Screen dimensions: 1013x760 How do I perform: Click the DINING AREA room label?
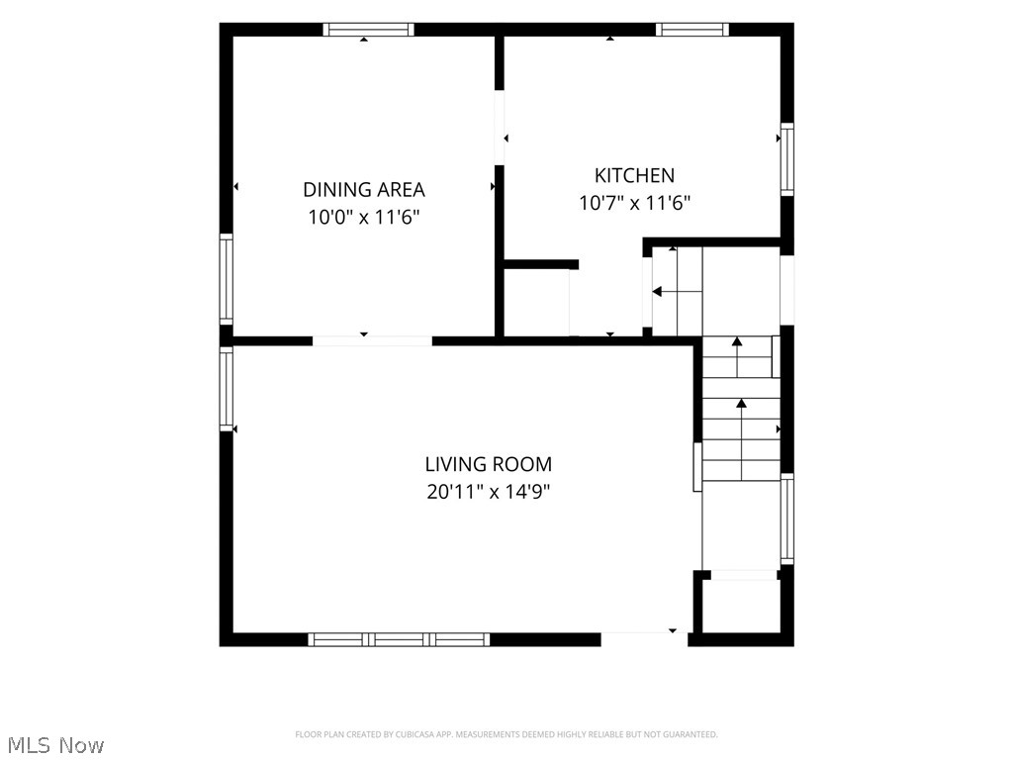[364, 189]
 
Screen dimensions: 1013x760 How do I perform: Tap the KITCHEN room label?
[634, 175]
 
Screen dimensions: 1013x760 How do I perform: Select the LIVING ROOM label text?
[489, 464]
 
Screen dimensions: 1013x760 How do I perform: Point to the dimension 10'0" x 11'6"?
[364, 217]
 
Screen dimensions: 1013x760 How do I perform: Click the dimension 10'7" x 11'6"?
[634, 203]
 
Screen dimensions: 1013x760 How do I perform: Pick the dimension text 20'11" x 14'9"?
[489, 492]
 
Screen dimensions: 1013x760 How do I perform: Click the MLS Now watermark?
[55, 745]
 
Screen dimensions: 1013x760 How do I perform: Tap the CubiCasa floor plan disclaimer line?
[506, 734]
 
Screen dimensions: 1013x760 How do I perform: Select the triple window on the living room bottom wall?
[399, 640]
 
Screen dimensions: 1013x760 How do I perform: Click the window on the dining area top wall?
[368, 29]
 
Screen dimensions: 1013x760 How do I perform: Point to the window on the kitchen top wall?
[692, 29]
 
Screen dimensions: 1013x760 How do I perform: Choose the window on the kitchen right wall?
[786, 159]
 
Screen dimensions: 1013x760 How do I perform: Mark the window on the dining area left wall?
[227, 279]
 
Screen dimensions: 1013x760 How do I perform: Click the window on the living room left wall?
[227, 388]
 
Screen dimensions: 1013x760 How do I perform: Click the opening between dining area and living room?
[373, 340]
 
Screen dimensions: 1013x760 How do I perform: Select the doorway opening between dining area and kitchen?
[500, 128]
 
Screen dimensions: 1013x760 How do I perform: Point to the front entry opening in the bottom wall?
[644, 639]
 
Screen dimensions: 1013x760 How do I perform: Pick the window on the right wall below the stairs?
[786, 519]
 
